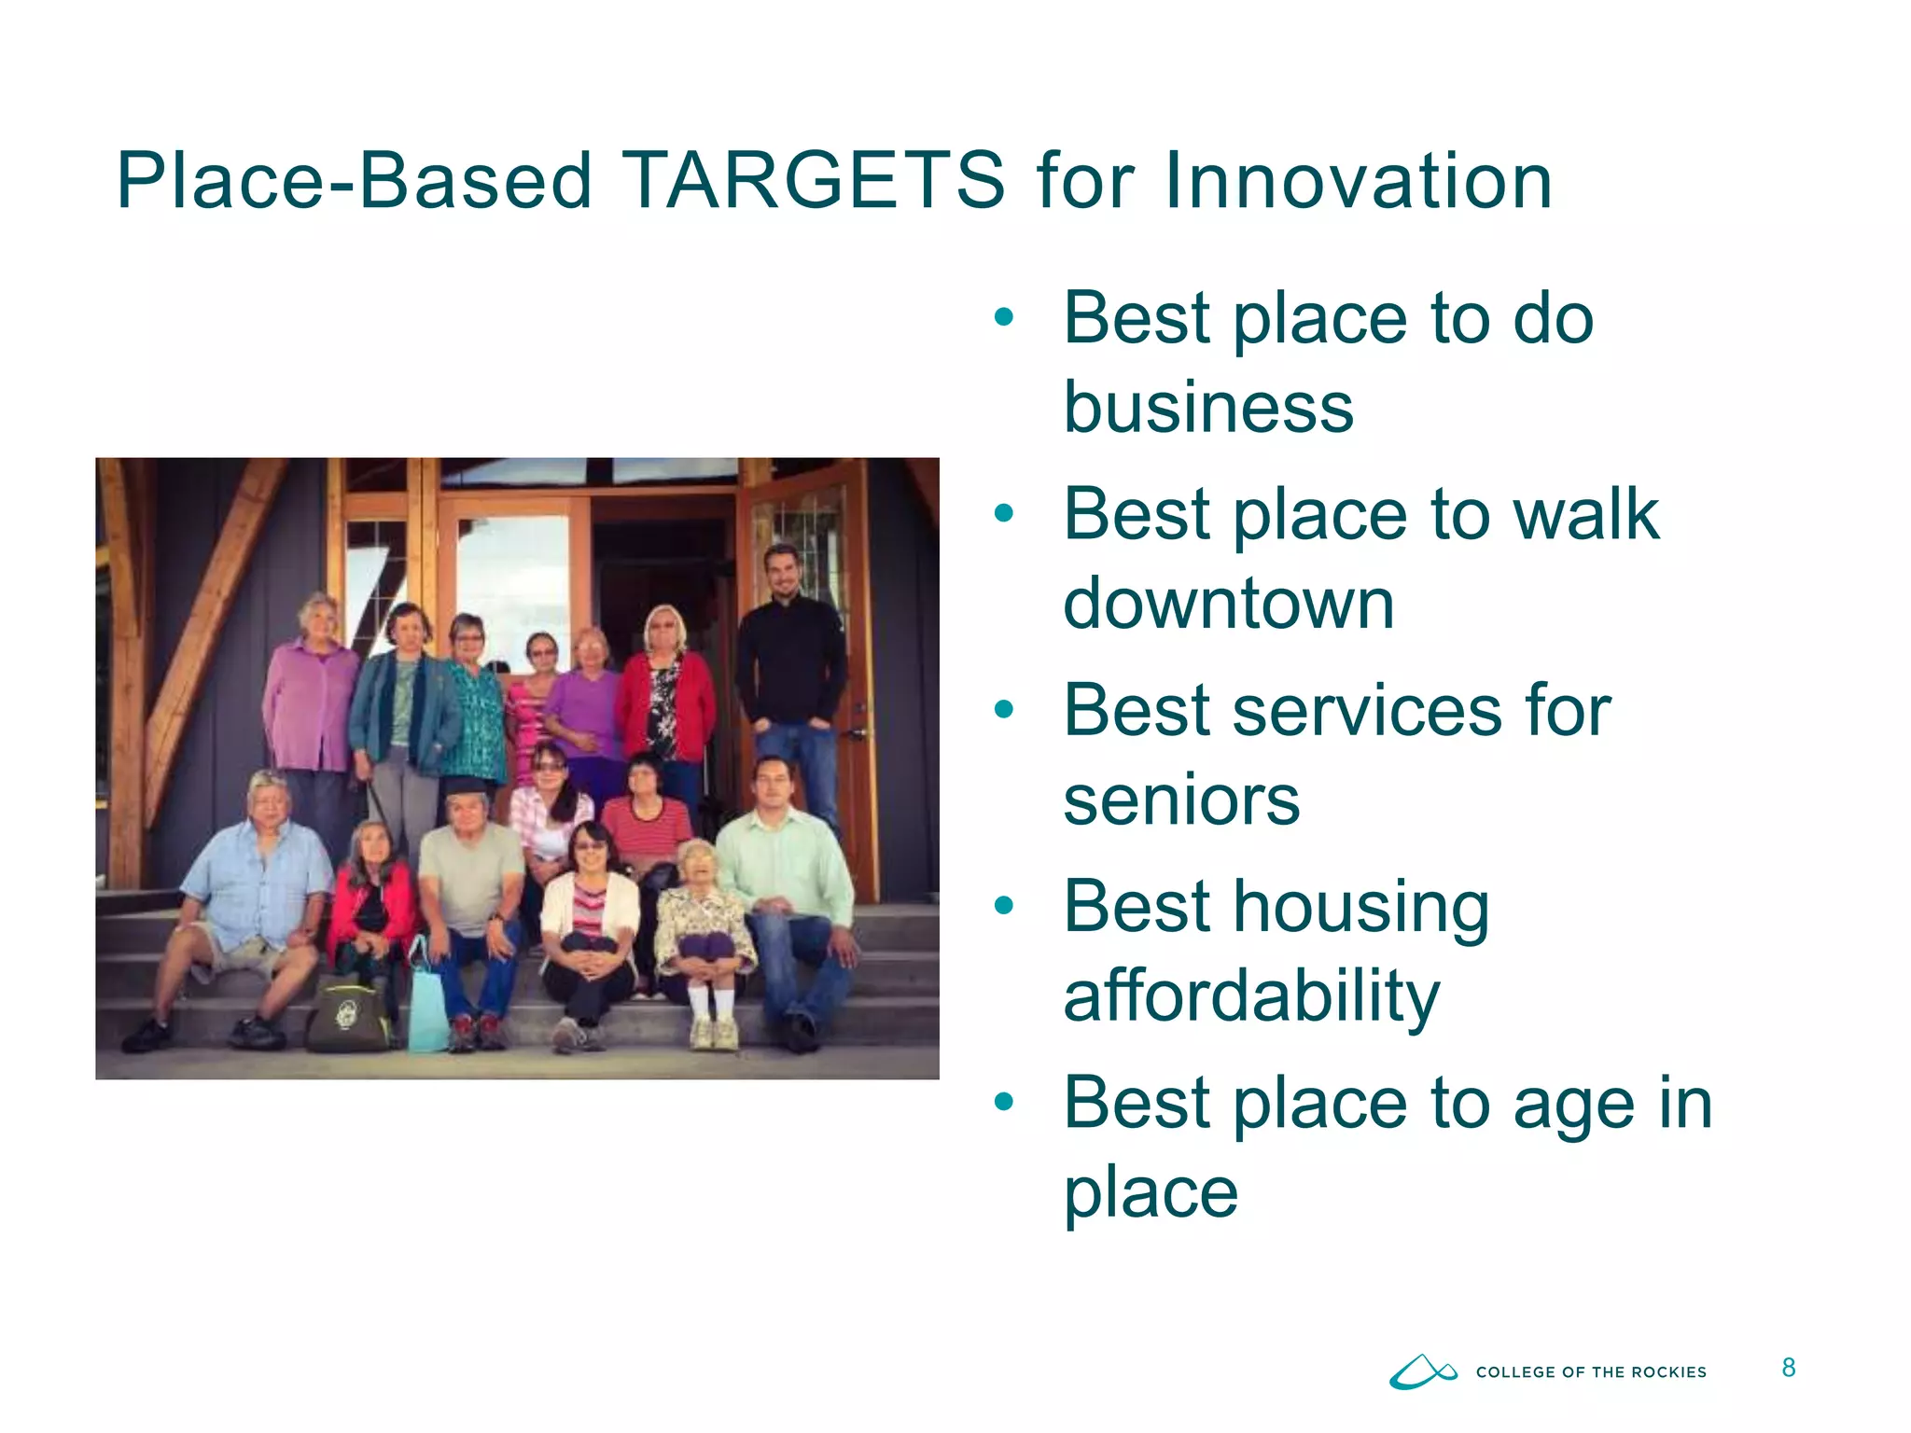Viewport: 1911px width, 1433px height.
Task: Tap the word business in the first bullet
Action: tap(1208, 408)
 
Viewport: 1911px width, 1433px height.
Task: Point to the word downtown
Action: tap(1229, 604)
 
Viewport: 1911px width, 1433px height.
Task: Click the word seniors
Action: tap(1181, 800)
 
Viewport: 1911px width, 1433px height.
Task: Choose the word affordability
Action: tap(1252, 996)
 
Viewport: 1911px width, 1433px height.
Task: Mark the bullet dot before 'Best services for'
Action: tap(1004, 710)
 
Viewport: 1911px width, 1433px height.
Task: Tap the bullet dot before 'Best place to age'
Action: tap(1004, 1103)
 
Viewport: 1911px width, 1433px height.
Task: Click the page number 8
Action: tap(1788, 1368)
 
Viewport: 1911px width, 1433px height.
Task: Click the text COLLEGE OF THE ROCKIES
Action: tap(1591, 1372)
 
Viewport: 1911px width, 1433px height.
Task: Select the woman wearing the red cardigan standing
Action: tap(664, 690)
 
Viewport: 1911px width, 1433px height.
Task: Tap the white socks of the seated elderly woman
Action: tap(711, 1003)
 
